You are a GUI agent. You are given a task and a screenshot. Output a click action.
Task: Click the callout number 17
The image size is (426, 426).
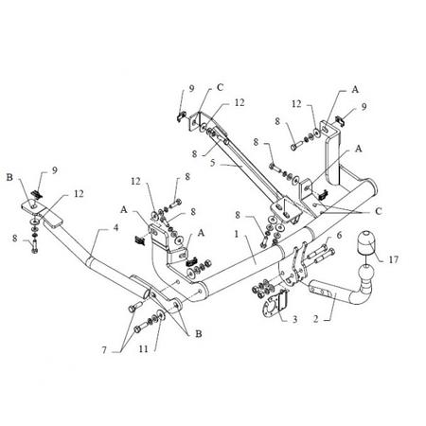click(x=393, y=259)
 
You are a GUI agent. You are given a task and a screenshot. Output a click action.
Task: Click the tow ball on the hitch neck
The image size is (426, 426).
click(x=365, y=273)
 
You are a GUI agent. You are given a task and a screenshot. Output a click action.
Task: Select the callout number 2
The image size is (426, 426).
click(x=316, y=319)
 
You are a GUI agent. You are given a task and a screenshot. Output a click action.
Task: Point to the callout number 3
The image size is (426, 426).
click(x=294, y=319)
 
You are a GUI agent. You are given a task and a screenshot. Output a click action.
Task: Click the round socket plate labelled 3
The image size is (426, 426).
click(x=272, y=305)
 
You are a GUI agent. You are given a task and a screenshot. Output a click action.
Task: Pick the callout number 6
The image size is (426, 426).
click(x=339, y=235)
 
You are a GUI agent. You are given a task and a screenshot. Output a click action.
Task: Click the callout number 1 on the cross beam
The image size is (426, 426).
click(x=237, y=234)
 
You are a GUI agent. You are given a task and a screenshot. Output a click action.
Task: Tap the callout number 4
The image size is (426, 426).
click(x=116, y=227)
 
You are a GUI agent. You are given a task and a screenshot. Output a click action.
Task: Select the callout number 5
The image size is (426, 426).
click(x=213, y=163)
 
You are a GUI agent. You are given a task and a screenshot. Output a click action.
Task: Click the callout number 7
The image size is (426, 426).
click(x=104, y=350)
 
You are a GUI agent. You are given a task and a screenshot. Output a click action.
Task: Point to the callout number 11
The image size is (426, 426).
click(x=143, y=348)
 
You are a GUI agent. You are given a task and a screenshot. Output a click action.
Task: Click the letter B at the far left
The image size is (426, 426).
click(x=9, y=177)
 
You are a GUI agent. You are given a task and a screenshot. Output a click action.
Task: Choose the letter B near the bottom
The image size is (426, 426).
click(x=199, y=333)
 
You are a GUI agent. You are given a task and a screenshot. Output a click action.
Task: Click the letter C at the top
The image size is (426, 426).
click(x=220, y=87)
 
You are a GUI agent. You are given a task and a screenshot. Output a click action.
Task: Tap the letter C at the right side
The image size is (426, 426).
click(x=379, y=211)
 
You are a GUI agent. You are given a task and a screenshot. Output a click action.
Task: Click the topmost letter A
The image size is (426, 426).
click(x=355, y=90)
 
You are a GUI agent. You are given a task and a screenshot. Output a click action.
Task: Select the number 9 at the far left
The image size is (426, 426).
click(x=55, y=170)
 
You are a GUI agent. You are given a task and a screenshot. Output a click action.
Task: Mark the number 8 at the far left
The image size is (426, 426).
click(x=15, y=239)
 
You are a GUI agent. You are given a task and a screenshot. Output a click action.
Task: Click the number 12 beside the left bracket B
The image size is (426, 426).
click(x=79, y=193)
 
